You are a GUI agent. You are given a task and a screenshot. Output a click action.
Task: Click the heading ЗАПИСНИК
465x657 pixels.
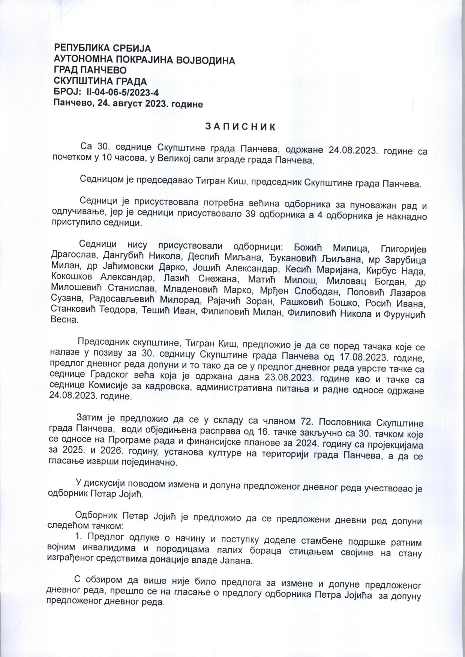[240, 127]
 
